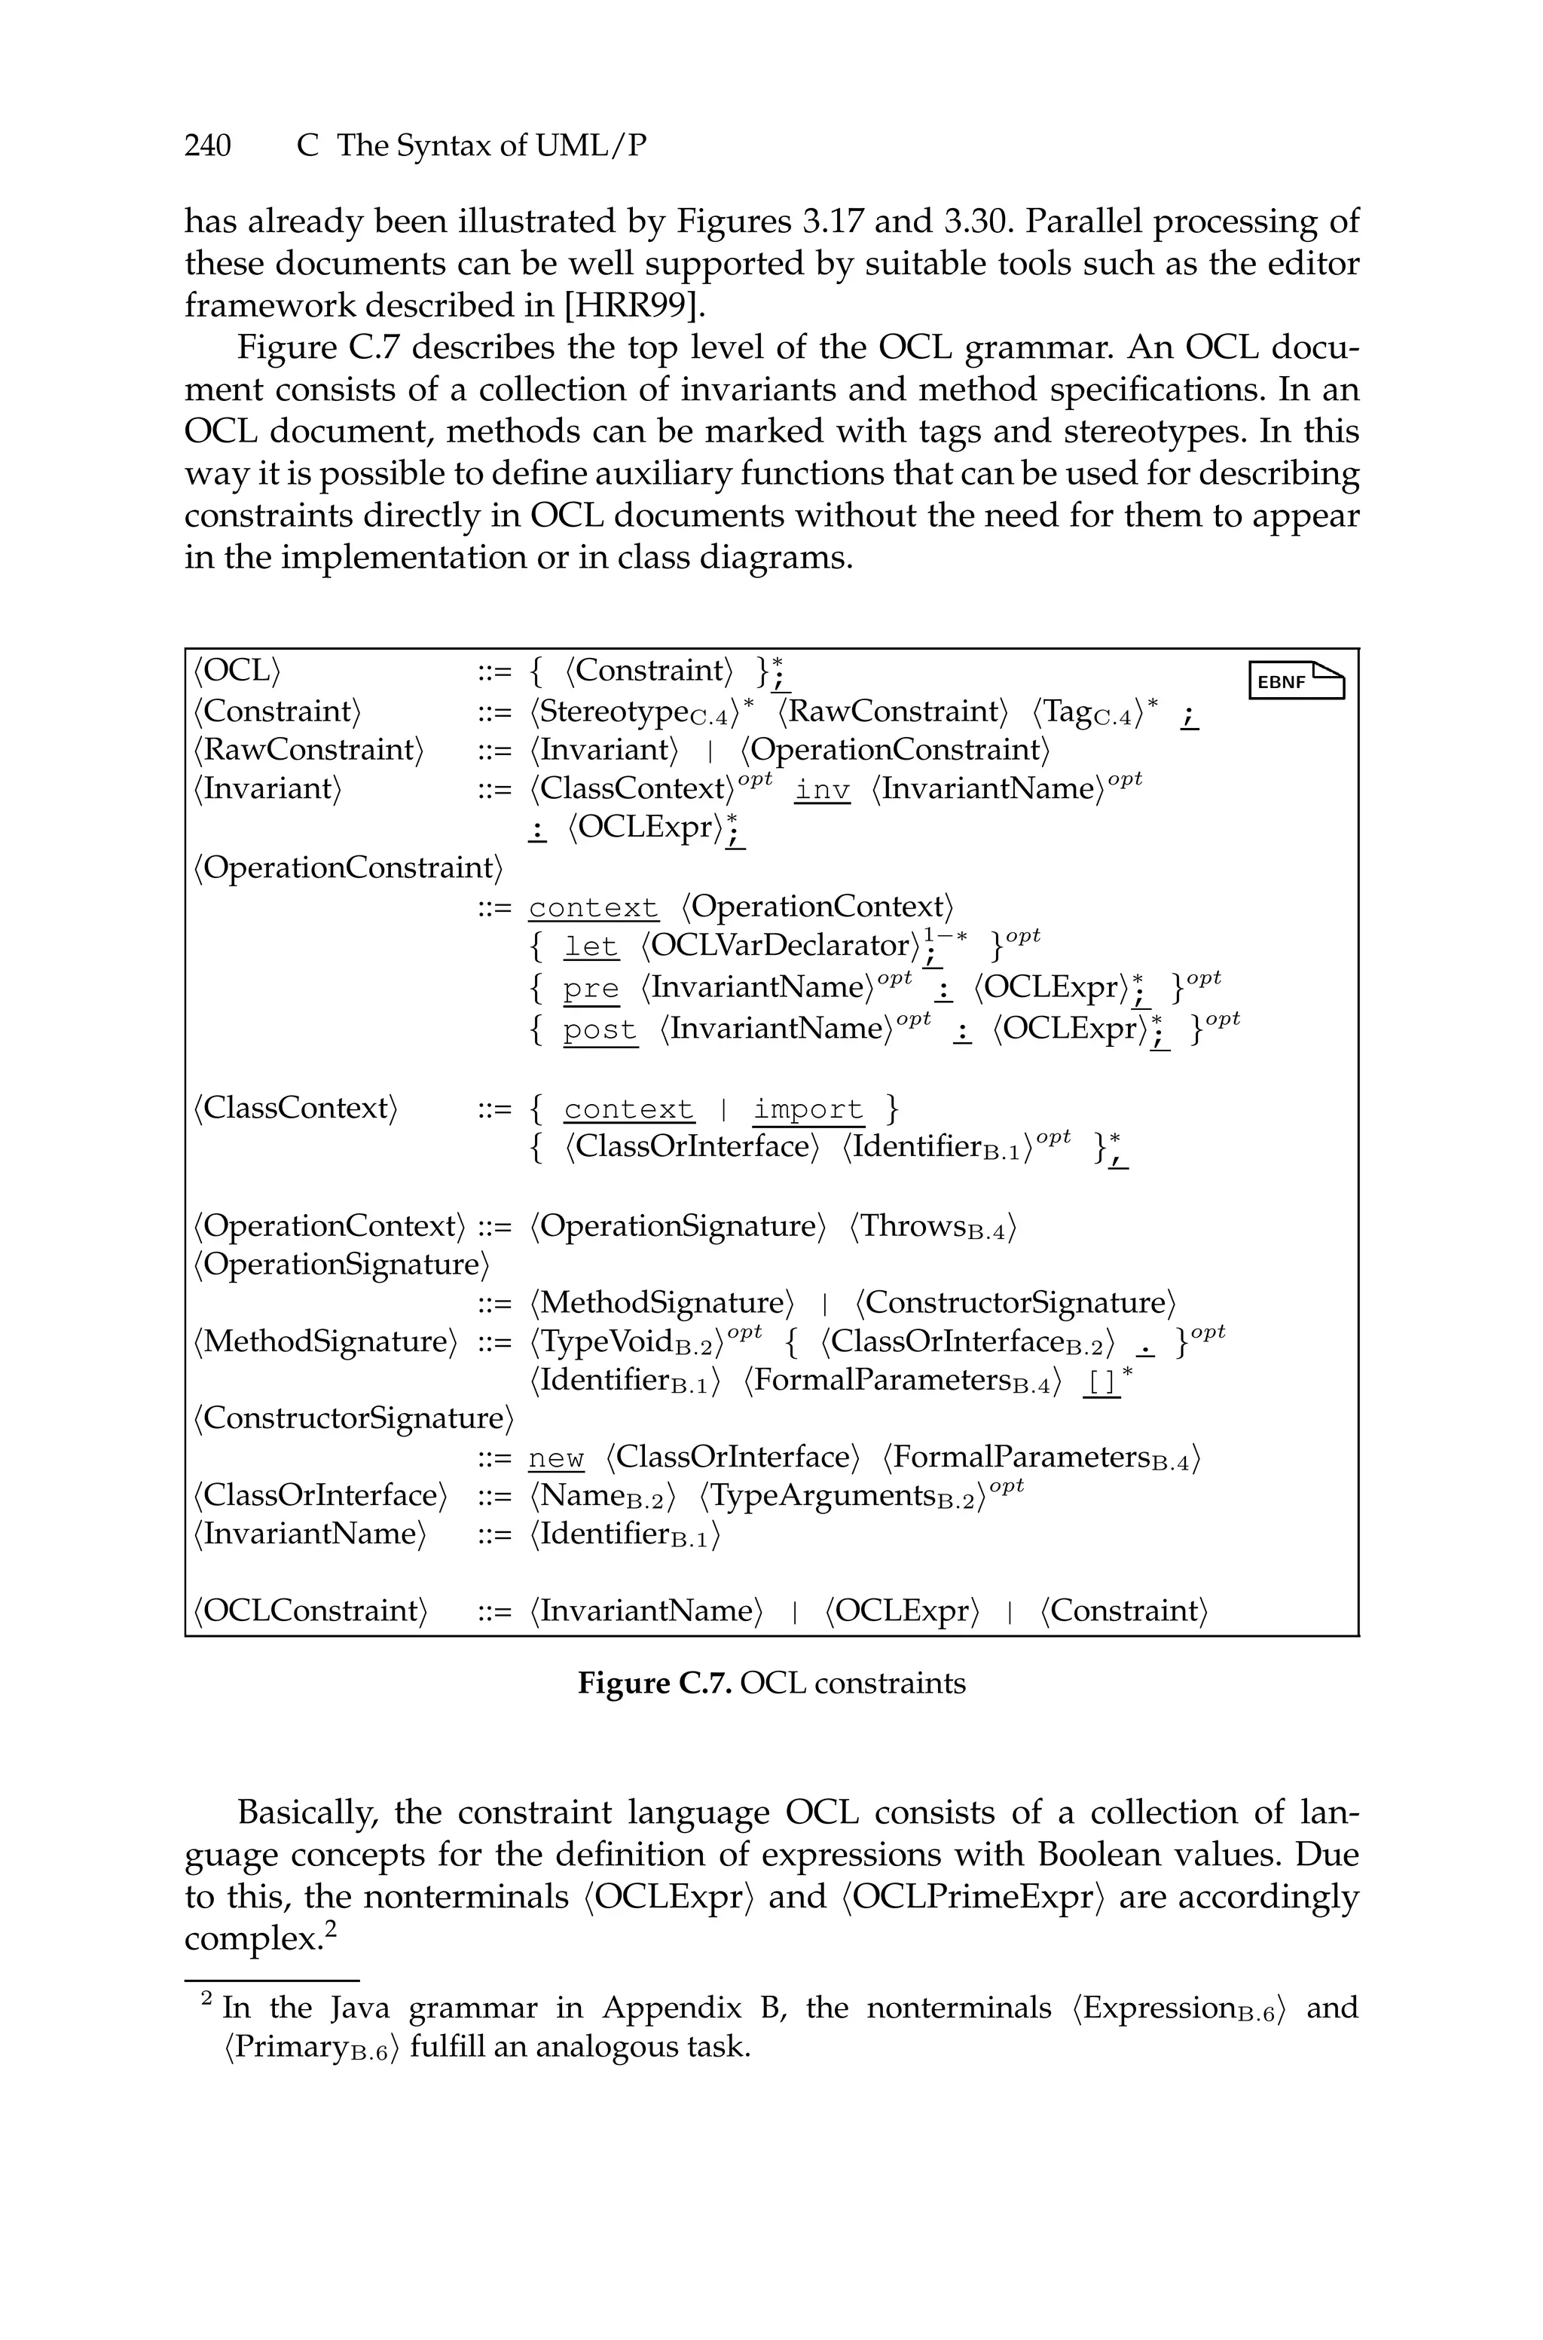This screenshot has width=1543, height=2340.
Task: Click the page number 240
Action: [208, 145]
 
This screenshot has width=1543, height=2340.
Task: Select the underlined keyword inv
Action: [822, 790]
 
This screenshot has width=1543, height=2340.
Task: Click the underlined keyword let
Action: [591, 947]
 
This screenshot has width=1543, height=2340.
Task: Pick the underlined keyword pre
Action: [591, 989]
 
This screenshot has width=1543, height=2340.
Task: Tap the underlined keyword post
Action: [599, 1030]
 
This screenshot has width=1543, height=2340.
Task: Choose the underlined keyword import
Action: [807, 1110]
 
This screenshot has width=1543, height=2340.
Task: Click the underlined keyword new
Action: [556, 1458]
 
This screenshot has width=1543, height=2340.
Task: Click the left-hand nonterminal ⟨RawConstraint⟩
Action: [308, 750]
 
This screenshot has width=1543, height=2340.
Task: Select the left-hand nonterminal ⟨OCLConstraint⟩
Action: [310, 1610]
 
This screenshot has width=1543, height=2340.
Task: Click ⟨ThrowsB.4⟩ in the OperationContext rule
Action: [932, 1227]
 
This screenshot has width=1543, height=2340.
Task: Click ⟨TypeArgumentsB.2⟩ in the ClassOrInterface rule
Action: [842, 1497]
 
